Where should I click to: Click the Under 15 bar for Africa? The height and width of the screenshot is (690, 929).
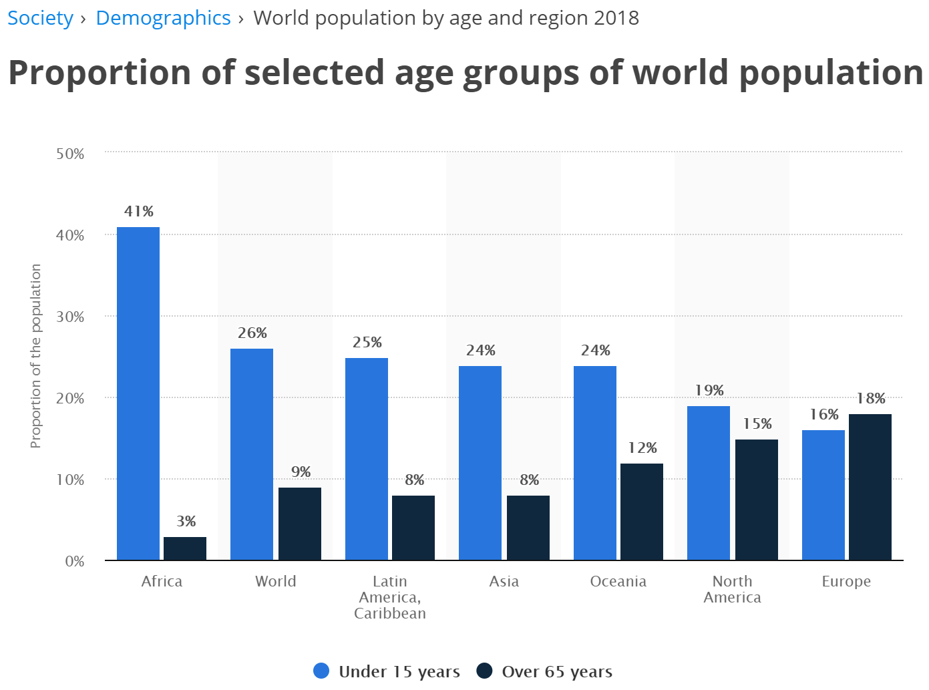click(138, 393)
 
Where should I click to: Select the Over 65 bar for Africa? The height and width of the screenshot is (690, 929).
click(185, 548)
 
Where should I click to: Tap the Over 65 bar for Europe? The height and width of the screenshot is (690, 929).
click(870, 487)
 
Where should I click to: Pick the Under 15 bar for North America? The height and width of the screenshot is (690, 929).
click(709, 483)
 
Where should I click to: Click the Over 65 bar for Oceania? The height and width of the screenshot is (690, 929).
click(642, 512)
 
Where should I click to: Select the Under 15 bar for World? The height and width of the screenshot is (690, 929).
click(252, 454)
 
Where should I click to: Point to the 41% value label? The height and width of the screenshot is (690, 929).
click(139, 212)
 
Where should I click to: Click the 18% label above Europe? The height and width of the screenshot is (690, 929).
click(871, 399)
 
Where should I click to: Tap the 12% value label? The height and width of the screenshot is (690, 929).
click(642, 448)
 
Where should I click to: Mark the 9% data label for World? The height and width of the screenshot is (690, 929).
click(301, 472)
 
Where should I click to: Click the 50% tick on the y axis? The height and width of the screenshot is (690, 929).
click(70, 154)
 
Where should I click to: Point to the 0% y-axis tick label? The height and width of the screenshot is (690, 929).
click(75, 562)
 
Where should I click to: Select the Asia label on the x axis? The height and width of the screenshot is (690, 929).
click(504, 582)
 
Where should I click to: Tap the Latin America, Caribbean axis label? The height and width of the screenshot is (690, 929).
click(390, 597)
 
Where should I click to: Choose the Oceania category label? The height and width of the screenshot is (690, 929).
click(618, 582)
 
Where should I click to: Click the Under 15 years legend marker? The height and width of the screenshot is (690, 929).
click(321, 671)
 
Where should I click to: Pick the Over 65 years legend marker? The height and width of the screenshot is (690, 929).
click(484, 671)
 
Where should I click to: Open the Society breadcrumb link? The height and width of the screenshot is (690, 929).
click(40, 18)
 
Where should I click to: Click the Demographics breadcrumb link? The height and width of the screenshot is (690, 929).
click(163, 18)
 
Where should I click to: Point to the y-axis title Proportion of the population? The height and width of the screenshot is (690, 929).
click(36, 356)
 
